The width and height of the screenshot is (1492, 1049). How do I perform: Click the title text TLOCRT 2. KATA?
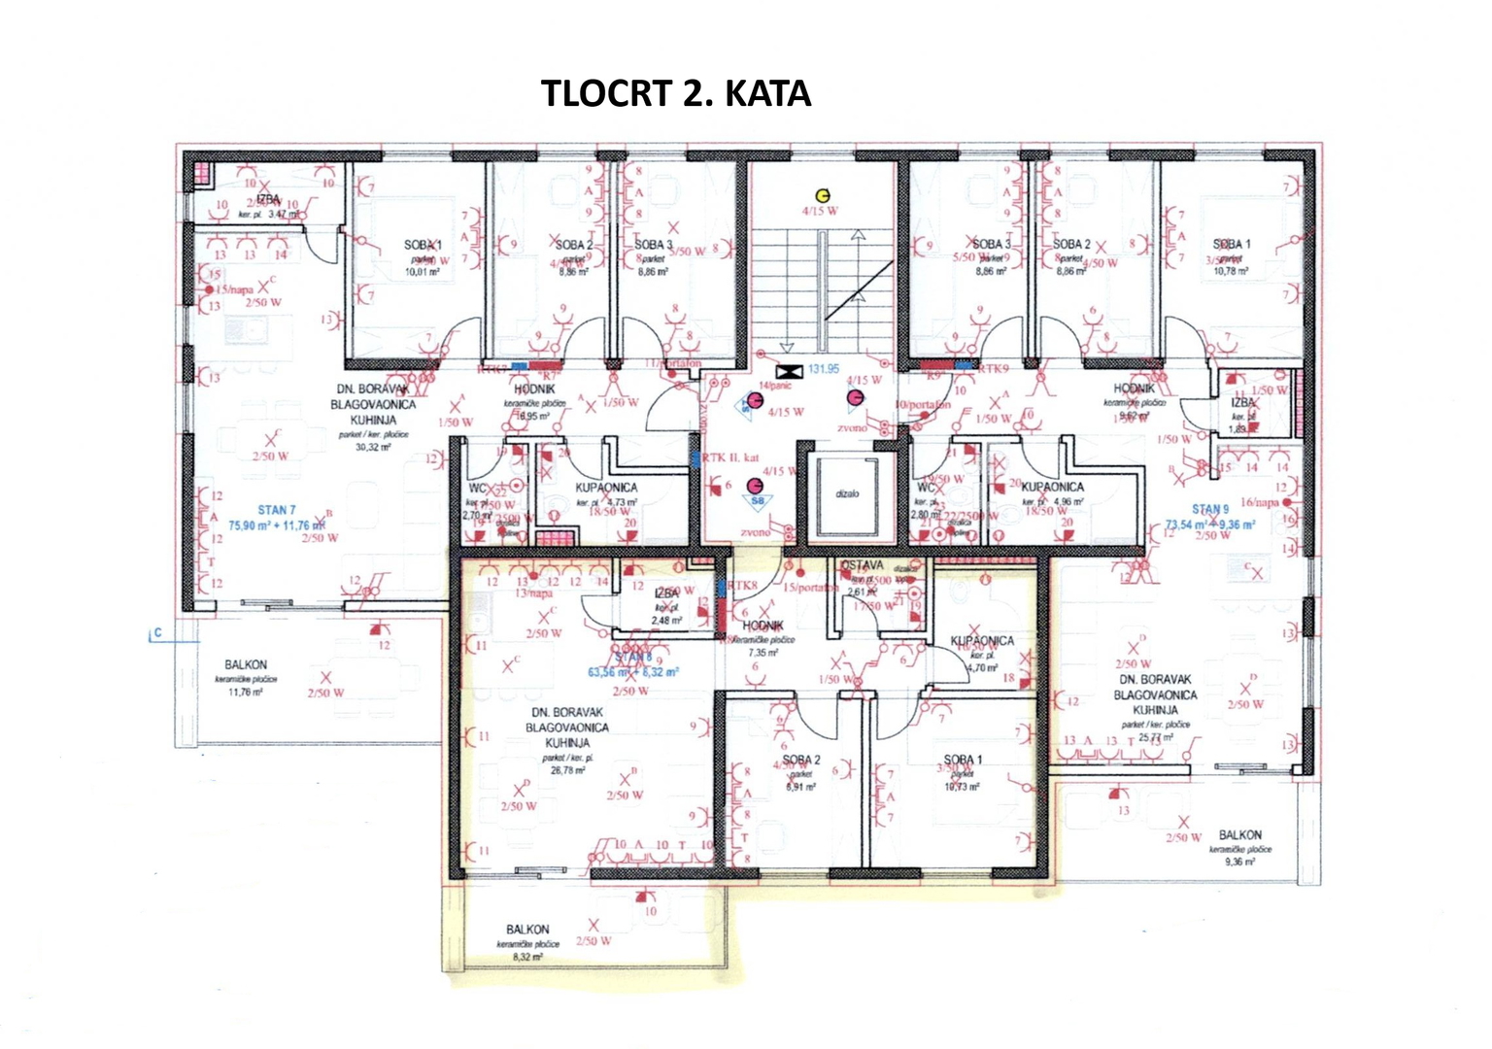(x=675, y=93)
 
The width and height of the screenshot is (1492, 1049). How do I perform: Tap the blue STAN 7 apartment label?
(x=276, y=510)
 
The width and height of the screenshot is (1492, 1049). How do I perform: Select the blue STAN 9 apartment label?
(x=1210, y=509)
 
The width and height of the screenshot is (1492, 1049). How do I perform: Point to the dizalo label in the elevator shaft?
(x=847, y=493)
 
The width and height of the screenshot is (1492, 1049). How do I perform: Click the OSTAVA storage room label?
(x=863, y=565)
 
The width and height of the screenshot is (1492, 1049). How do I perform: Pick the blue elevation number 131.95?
(x=823, y=369)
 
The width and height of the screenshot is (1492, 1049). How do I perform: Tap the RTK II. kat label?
(x=730, y=457)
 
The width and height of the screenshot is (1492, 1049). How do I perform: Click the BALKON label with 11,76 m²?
(x=246, y=665)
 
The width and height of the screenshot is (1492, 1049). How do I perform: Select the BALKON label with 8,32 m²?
(x=527, y=930)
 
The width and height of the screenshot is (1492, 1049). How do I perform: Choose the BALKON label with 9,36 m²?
(x=1240, y=835)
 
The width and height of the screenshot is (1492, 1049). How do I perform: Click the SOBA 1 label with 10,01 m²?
(x=423, y=245)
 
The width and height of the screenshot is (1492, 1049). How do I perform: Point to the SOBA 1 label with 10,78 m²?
(x=1232, y=244)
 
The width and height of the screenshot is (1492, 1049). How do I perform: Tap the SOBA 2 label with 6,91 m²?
(x=801, y=761)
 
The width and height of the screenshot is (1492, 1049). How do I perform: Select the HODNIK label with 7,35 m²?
(x=763, y=626)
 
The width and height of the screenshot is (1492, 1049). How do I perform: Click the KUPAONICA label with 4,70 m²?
(x=982, y=641)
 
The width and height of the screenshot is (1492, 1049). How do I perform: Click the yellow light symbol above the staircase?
(x=823, y=195)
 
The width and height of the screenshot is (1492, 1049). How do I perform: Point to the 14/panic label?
(x=775, y=386)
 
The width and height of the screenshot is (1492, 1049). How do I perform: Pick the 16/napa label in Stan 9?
(x=1260, y=502)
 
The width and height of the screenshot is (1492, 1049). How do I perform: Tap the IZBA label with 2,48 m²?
(x=666, y=593)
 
